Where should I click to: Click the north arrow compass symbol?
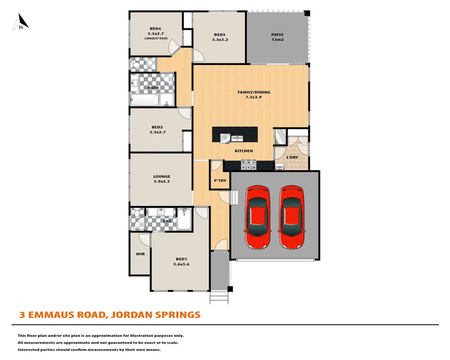(x=21, y=22)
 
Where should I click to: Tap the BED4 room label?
(x=155, y=29)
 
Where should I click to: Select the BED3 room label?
(x=220, y=35)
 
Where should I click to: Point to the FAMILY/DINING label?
(x=254, y=92)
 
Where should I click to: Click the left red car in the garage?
(x=258, y=217)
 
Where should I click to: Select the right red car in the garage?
(x=292, y=217)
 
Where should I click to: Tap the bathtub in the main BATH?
(x=144, y=100)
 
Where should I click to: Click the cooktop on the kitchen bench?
(x=249, y=165)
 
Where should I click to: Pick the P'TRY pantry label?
(x=220, y=181)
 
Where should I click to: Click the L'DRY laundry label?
(x=292, y=157)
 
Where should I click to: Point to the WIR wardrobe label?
(x=140, y=254)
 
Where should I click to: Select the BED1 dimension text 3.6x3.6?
(x=181, y=264)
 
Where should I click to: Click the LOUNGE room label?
(x=162, y=176)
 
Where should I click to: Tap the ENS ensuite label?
(x=167, y=221)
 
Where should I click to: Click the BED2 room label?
(x=157, y=127)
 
